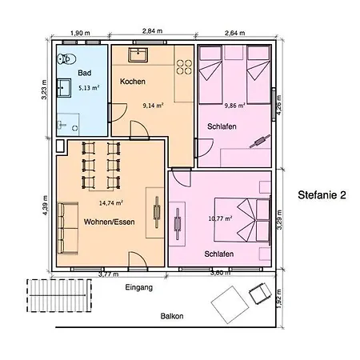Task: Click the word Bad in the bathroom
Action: tap(84, 72)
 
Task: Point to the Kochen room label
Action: tap(132, 82)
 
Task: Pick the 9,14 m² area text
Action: tap(153, 105)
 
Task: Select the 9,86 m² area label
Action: tap(236, 105)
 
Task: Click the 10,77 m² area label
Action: tap(219, 218)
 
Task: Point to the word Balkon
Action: tap(171, 316)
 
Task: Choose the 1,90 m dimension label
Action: tap(81, 32)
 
